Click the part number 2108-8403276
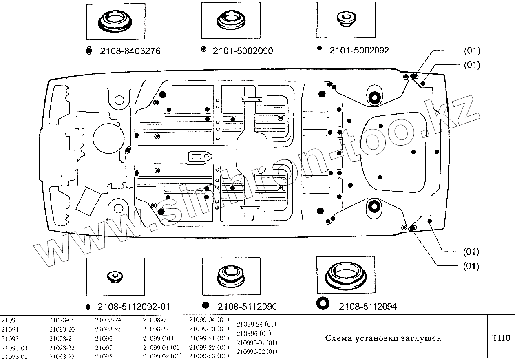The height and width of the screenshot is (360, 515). (130, 51)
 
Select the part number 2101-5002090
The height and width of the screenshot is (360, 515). (243, 51)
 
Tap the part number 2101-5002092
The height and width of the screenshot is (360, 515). (359, 50)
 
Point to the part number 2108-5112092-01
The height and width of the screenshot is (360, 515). (134, 307)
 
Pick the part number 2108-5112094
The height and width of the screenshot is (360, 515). (368, 306)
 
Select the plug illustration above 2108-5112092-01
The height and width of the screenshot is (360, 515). (115, 277)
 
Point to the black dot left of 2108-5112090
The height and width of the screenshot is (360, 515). (206, 305)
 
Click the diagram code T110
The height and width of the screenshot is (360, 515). (501, 338)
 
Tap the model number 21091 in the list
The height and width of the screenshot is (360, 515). (10, 329)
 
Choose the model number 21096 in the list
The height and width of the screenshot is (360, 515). (104, 338)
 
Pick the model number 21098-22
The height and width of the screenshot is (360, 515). (156, 329)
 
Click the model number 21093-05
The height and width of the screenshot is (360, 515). (62, 320)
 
